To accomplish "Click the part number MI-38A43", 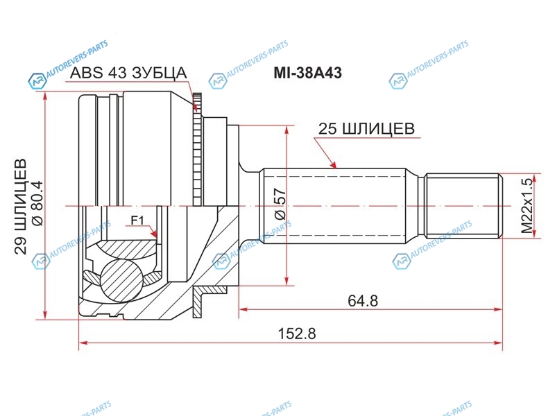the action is click(x=307, y=73).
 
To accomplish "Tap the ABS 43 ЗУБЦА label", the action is click(x=128, y=73).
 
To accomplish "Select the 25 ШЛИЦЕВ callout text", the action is click(x=366, y=129).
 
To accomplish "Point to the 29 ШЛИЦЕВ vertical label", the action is click(x=20, y=206).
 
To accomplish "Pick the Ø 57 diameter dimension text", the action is click(x=280, y=203).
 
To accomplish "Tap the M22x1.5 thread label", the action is click(x=527, y=205).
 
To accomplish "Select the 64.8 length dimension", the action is click(x=363, y=301).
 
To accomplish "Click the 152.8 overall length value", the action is click(x=297, y=333).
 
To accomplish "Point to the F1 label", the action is click(x=137, y=220).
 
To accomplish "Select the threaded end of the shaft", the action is click(x=463, y=205).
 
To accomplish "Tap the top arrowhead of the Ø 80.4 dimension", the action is click(x=45, y=97).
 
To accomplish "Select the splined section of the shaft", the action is click(x=334, y=206).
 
